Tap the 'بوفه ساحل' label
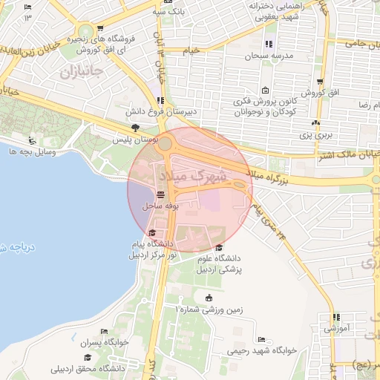[x=163, y=204]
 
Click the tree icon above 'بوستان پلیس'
[x=134, y=128]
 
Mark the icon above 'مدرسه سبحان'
[x=269, y=44]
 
